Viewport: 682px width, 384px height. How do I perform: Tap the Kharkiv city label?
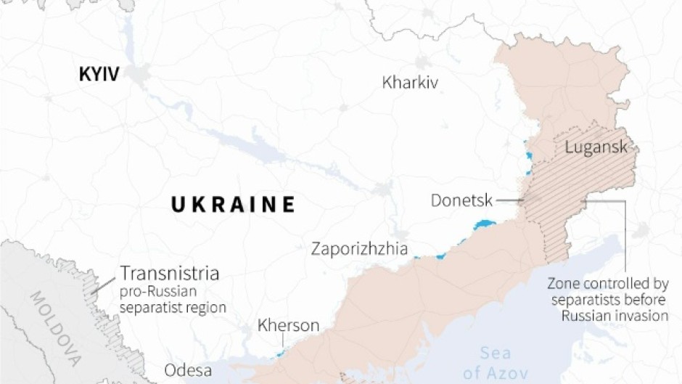(410, 82)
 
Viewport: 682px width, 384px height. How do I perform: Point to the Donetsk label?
(461, 200)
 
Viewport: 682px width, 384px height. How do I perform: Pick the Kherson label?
(288, 326)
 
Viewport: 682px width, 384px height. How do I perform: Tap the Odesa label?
(188, 370)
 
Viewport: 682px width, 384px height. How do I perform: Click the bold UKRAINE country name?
(233, 205)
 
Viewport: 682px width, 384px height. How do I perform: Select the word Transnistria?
(169, 274)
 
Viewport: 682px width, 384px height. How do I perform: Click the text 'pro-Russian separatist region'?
(173, 301)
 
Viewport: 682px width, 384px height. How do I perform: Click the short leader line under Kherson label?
(283, 344)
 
